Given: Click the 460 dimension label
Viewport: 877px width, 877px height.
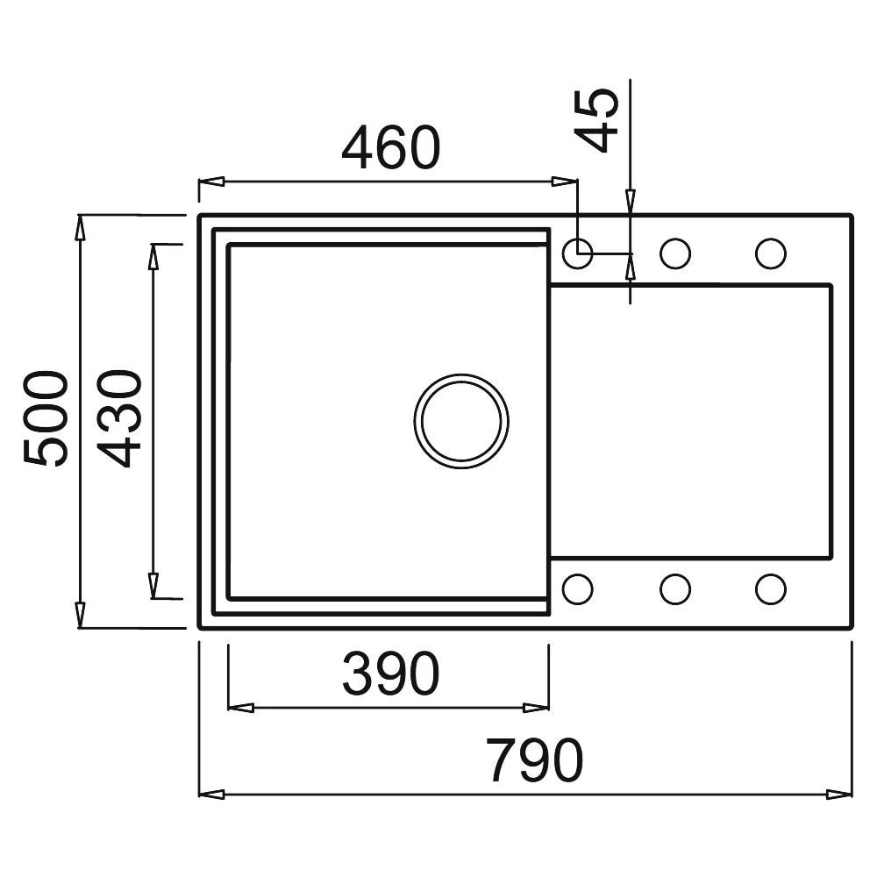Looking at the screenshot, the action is (391, 148).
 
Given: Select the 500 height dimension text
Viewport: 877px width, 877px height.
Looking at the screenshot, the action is (46, 417).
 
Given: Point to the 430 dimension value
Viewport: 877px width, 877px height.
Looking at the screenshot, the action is (119, 417).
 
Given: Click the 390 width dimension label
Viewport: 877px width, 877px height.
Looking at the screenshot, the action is (391, 674).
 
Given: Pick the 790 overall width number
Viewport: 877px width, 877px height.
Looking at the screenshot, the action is (535, 761).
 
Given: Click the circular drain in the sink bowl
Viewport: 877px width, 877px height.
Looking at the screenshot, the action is (461, 421).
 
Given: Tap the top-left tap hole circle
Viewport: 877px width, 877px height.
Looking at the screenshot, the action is (578, 253).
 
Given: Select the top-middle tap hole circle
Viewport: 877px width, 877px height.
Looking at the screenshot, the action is (675, 253).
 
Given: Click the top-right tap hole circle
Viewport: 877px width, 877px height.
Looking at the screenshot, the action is (771, 253).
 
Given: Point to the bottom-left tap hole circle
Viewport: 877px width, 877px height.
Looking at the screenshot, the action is (578, 589).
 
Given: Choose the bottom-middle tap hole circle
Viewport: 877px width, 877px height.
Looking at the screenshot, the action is (675, 589).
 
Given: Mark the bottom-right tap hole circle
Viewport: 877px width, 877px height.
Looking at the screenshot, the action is (771, 589).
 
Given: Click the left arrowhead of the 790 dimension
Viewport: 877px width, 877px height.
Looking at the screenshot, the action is (212, 795).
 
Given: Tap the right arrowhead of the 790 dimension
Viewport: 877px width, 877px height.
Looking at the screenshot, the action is (839, 795).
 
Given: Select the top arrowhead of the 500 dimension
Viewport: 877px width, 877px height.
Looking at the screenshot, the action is (81, 228).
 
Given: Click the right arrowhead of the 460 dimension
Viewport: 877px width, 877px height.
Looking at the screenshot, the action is (564, 182).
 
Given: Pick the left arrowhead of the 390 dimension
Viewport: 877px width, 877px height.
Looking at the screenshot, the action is (242, 708).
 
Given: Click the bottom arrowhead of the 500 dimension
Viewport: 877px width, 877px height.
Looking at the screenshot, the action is (81, 615).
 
